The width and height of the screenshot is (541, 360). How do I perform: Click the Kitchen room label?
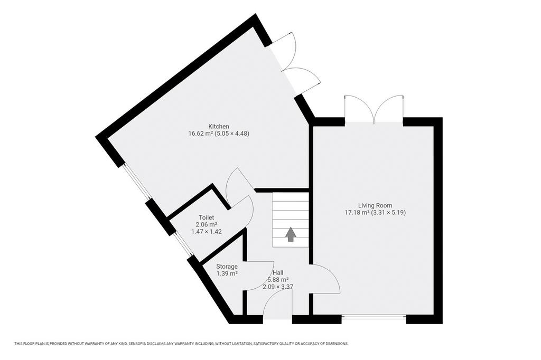pyautogui.click(x=218, y=127)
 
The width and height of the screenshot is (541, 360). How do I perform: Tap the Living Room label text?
pyautogui.click(x=375, y=205)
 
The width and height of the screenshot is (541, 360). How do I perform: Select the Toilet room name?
pyautogui.click(x=207, y=217)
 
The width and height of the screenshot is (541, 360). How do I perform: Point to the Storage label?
pyautogui.click(x=227, y=267)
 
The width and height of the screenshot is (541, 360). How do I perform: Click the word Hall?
pyautogui.click(x=278, y=273)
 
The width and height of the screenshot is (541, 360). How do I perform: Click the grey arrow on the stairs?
pyautogui.click(x=291, y=234)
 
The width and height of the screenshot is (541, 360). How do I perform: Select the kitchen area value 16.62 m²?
pyautogui.click(x=200, y=134)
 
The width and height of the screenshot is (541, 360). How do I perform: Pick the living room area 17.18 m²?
pyautogui.click(x=357, y=212)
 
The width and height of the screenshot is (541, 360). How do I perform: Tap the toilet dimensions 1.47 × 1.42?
pyautogui.click(x=207, y=232)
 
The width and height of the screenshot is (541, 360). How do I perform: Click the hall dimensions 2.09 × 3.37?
pyautogui.click(x=278, y=287)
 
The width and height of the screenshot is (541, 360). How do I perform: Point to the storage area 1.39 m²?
pyautogui.click(x=227, y=274)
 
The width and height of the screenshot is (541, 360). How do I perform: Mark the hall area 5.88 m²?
pyautogui.click(x=278, y=280)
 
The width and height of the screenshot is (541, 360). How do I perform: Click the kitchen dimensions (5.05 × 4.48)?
pyautogui.click(x=232, y=134)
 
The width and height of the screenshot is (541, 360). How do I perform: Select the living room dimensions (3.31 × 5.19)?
pyautogui.click(x=388, y=212)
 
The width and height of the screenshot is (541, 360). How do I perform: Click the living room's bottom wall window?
pyautogui.click(x=374, y=316)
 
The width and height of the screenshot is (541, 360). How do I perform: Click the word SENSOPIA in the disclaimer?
pyautogui.click(x=138, y=344)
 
